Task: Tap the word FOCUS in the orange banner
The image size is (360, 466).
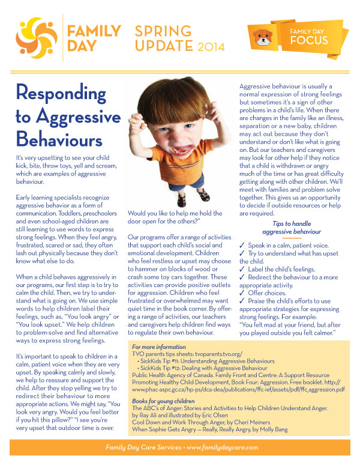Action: [309, 40]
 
